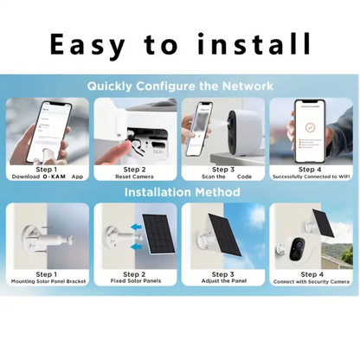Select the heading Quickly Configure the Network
pyautogui.click(x=180, y=86)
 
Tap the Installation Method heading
pyautogui.click(x=180, y=191)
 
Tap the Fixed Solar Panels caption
pyautogui.click(x=135, y=281)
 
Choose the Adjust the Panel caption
pyautogui.click(x=223, y=281)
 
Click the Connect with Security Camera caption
pyautogui.click(x=310, y=281)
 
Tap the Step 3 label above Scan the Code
pyautogui.click(x=223, y=169)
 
